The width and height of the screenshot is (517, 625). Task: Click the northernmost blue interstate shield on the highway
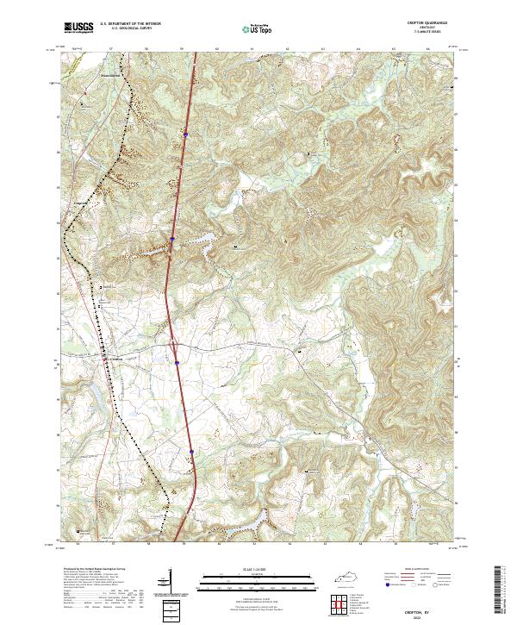184,134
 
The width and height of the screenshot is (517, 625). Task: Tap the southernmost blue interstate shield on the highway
191,450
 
